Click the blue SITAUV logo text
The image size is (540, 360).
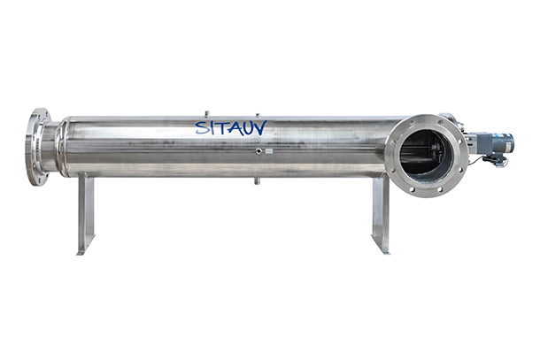(x=231, y=127)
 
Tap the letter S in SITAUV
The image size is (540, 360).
(x=202, y=127)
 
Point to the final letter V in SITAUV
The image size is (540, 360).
(x=260, y=127)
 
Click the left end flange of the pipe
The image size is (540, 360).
(x=37, y=147)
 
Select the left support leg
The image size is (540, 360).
(x=86, y=213)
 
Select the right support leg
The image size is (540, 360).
(x=381, y=213)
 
